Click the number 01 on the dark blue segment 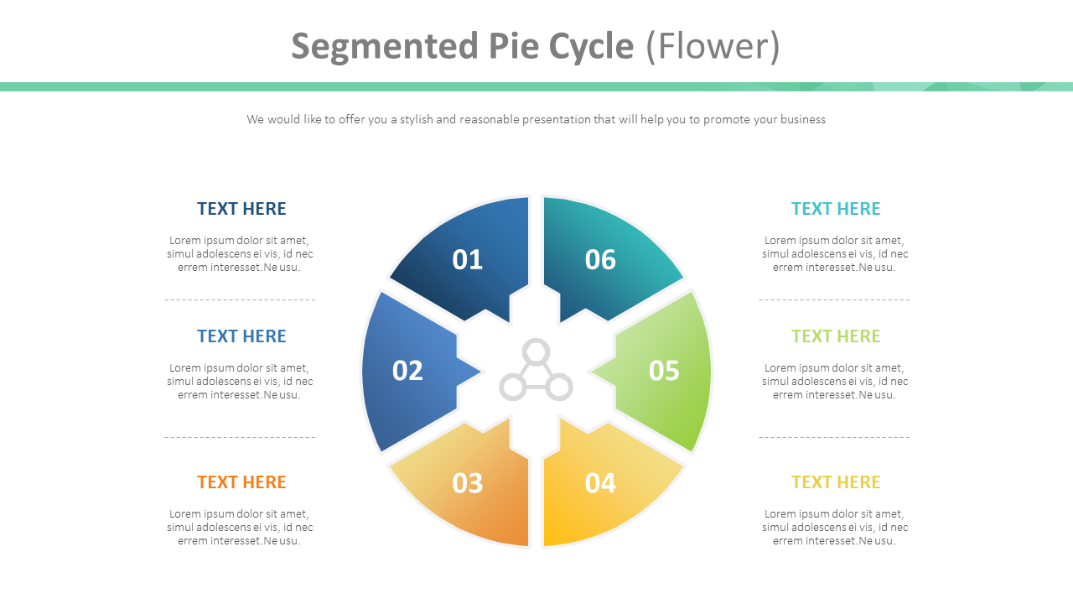[x=468, y=260]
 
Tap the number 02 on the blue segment [x=407, y=371]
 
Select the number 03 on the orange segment [x=468, y=483]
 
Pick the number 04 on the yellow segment [x=600, y=483]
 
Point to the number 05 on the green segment [x=664, y=371]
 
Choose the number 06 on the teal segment [x=600, y=260]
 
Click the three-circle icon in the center [x=536, y=371]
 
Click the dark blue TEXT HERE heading [x=241, y=209]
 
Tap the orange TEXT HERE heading [x=241, y=482]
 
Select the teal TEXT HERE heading [x=836, y=209]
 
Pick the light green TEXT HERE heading [x=836, y=336]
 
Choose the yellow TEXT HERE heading [x=836, y=482]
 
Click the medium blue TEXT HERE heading [x=241, y=336]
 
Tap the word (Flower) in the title [x=713, y=47]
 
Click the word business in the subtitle [x=802, y=119]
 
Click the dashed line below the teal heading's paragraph [x=834, y=299]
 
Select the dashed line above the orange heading [x=240, y=437]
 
